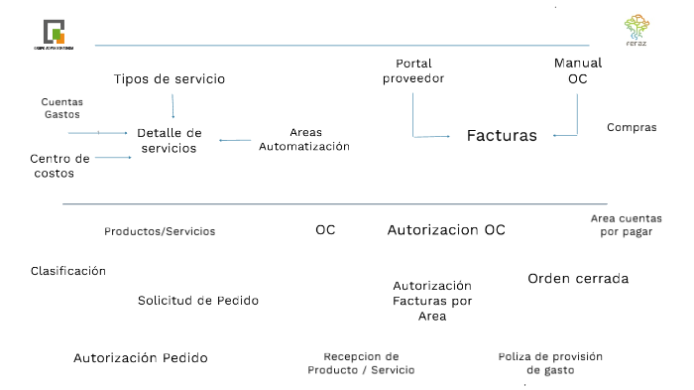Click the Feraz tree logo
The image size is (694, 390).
tap(636, 27)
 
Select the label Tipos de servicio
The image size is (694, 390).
tap(170, 78)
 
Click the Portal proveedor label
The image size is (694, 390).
tap(412, 71)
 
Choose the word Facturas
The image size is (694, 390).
tap(502, 135)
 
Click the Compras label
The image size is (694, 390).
tap(632, 127)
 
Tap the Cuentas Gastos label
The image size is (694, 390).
tap(61, 108)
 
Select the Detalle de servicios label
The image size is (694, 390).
tap(169, 140)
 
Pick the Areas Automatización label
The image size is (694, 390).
tap(304, 139)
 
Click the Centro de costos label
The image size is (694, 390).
tap(59, 166)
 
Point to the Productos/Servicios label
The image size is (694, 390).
tap(160, 231)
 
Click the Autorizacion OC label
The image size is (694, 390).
tap(446, 230)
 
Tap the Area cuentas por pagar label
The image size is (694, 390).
tap(626, 224)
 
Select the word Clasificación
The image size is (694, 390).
tap(68, 271)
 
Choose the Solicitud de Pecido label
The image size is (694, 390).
tap(198, 300)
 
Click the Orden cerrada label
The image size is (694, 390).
tap(578, 279)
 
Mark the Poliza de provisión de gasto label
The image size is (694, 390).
tap(550, 363)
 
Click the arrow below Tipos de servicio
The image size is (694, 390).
tap(173, 106)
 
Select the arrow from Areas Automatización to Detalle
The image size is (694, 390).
tap(235, 140)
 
